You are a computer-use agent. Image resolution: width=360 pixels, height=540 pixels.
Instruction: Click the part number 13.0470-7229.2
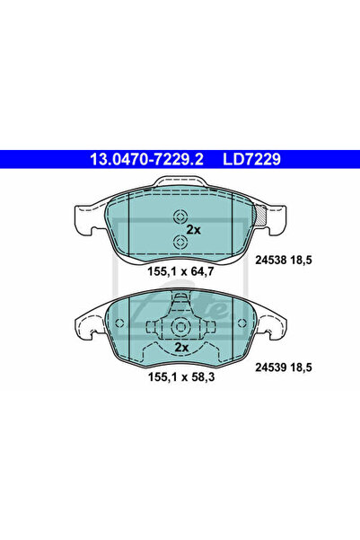pyautogui.click(x=146, y=159)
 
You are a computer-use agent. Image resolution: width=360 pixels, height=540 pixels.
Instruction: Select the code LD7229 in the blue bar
pyautogui.click(x=252, y=159)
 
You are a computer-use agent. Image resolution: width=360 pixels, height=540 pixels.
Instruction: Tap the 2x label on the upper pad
pyautogui.click(x=193, y=230)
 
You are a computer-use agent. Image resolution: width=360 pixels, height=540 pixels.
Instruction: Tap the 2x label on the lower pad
pyautogui.click(x=181, y=347)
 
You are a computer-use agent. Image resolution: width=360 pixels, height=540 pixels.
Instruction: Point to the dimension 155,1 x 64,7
pyautogui.click(x=180, y=271)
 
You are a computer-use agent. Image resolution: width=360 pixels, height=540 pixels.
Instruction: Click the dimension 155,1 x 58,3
pyautogui.click(x=181, y=376)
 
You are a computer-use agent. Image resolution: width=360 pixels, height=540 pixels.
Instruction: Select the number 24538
pyautogui.click(x=270, y=260)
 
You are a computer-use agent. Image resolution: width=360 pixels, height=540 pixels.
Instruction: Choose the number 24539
pyautogui.click(x=270, y=367)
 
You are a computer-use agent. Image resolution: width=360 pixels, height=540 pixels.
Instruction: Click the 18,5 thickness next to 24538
pyautogui.click(x=301, y=260)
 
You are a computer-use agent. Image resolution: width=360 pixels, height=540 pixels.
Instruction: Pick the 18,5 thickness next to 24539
pyautogui.click(x=301, y=367)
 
